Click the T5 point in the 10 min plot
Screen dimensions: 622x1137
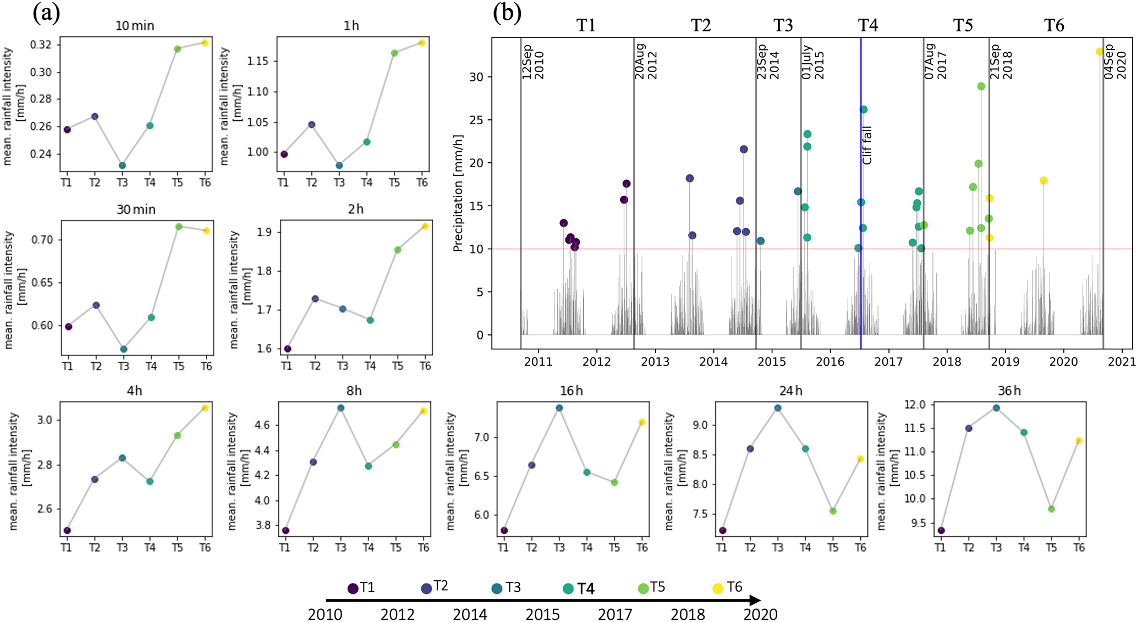tap(177, 49)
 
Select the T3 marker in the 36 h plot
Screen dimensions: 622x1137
tap(996, 408)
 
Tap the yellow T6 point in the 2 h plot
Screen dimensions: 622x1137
tap(425, 226)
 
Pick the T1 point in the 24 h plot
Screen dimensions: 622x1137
tap(723, 531)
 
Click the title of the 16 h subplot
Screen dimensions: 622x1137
tap(571, 391)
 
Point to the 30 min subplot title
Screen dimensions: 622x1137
tap(136, 210)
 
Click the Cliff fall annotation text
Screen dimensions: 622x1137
tap(867, 145)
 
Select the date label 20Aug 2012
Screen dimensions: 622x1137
tap(646, 62)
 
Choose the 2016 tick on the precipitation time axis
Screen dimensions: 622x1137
tap(830, 361)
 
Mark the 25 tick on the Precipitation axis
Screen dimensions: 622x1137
tap(476, 120)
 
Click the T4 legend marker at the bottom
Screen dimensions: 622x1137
tap(569, 589)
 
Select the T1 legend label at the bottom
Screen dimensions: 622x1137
tap(367, 588)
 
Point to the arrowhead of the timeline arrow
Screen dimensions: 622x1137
tap(757, 601)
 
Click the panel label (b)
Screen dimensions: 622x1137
tap(507, 13)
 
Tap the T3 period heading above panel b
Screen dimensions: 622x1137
tap(783, 25)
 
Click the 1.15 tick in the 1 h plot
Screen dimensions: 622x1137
tap(258, 61)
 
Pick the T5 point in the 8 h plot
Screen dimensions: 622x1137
tap(396, 444)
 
